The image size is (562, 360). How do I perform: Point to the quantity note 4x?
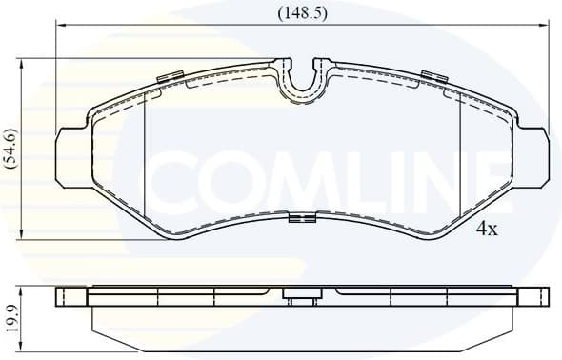487,229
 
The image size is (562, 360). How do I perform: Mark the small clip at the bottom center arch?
302,221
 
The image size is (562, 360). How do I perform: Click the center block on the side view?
302,301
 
